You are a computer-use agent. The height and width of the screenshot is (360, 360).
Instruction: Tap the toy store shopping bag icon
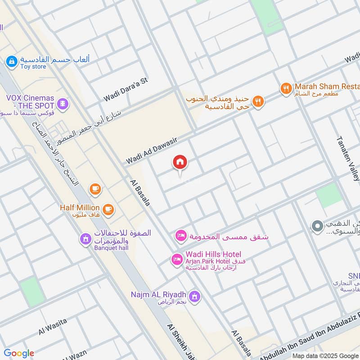pos(12,60)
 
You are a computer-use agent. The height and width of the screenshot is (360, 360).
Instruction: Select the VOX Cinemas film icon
pos(64,104)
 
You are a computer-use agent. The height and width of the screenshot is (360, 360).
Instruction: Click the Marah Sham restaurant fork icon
pos(285,89)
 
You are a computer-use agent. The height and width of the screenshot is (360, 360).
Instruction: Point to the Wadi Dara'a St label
pos(126,90)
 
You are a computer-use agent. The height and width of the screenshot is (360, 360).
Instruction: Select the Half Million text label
pos(80,207)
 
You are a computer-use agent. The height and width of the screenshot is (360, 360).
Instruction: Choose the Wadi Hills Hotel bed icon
pos(176,259)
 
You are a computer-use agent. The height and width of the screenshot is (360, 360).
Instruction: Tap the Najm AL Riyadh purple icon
pos(194,296)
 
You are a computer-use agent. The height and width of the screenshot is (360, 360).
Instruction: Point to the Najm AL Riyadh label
pos(158,295)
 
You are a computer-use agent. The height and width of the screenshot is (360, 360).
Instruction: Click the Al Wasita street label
pos(53,326)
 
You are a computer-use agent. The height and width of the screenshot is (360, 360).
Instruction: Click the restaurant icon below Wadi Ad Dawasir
pos(258,101)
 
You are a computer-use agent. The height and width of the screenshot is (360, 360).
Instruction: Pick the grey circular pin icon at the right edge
pos(318,226)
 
